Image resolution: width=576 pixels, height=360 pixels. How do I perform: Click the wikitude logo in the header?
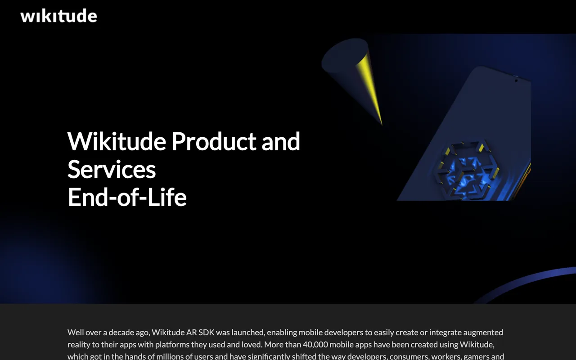click(58, 16)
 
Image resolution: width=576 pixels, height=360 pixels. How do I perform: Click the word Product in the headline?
click(214, 141)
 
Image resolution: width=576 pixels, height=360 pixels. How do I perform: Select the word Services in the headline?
click(112, 169)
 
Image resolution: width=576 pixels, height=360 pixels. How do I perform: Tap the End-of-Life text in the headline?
click(127, 197)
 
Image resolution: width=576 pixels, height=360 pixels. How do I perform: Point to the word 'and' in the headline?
click(281, 141)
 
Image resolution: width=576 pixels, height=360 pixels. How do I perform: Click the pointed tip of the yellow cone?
click(382, 125)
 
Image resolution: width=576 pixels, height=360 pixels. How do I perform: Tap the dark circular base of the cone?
click(344, 55)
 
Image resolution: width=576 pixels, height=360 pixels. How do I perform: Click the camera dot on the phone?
click(516, 81)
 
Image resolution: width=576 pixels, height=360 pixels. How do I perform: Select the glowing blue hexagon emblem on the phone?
click(466, 170)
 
